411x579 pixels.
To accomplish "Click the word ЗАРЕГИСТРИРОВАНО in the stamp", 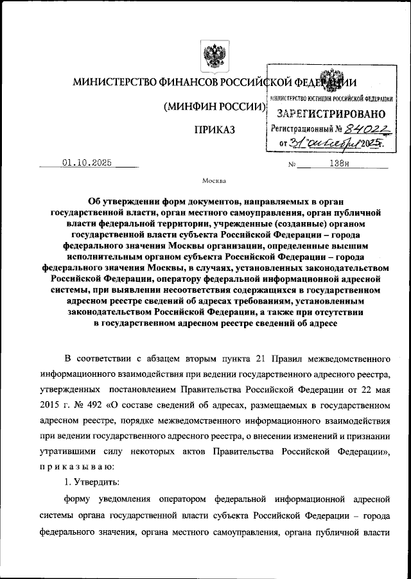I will click(331, 114).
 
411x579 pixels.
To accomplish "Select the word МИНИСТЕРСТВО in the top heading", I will click(113, 83).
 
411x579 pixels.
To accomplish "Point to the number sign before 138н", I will click(292, 164).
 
